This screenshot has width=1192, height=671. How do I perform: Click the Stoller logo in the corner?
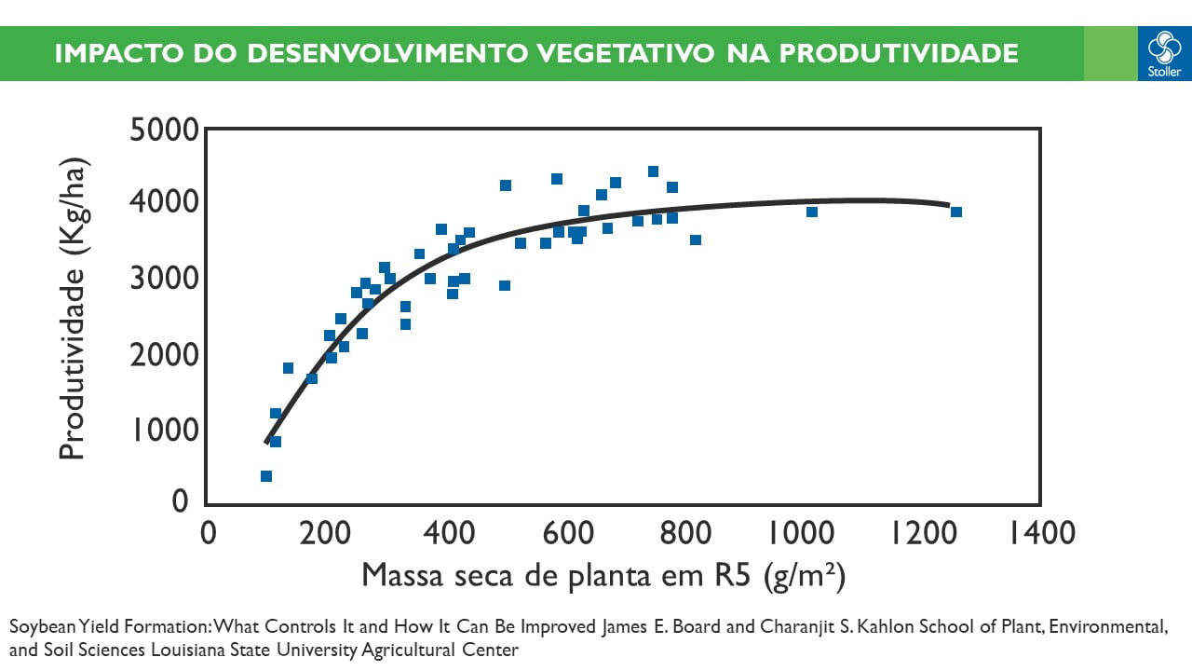[x=1164, y=53]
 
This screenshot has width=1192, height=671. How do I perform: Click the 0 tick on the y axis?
[x=181, y=501]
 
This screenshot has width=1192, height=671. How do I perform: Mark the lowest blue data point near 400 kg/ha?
[x=266, y=476]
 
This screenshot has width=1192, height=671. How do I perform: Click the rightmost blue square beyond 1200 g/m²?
[x=955, y=212]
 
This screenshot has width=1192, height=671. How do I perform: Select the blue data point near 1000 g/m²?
[x=811, y=212]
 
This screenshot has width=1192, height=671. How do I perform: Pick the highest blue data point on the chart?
[x=653, y=171]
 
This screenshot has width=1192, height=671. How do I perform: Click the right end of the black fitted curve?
[x=947, y=205]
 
